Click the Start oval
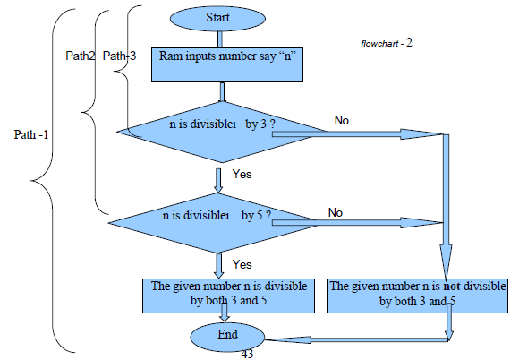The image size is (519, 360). [x=217, y=19]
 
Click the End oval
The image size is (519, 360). [x=227, y=337]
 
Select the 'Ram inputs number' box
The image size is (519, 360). [x=227, y=64]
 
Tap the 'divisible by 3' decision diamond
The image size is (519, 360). [x=222, y=133]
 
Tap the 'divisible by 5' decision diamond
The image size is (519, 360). [x=214, y=223]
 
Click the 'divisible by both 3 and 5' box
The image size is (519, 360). [x=228, y=296]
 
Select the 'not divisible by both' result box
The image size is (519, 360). [x=417, y=296]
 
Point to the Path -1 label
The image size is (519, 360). [x=31, y=134]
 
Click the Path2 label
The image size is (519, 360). [x=80, y=56]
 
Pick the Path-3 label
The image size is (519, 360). [x=119, y=56]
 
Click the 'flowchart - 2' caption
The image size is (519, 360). [x=387, y=43]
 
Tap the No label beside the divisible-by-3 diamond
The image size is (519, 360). [x=342, y=120]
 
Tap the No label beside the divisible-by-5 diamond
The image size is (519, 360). [x=336, y=212]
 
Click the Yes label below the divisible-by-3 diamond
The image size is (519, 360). [x=242, y=174]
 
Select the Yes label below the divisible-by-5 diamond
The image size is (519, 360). [x=242, y=264]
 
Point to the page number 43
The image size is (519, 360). [x=247, y=355]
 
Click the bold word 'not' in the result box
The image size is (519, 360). [x=452, y=286]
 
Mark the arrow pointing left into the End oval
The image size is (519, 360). [x=357, y=339]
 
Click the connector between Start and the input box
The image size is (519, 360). [x=220, y=39]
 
